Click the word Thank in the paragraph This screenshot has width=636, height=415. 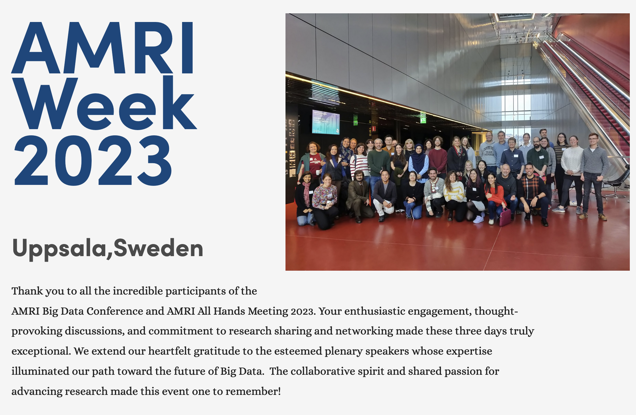click(x=27, y=291)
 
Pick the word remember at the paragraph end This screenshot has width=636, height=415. click(x=253, y=391)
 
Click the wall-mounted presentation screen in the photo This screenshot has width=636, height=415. click(x=326, y=122)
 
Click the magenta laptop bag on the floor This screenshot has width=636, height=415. click(x=505, y=216)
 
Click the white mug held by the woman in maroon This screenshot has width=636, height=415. click(x=318, y=173)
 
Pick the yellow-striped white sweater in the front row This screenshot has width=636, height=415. click(x=455, y=192)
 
